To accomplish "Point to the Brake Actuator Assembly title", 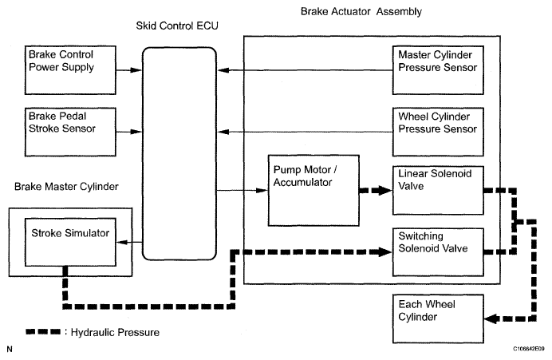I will tap(361, 12).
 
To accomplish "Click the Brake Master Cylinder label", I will tap(66, 186).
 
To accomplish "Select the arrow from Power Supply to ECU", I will tap(128, 70).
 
